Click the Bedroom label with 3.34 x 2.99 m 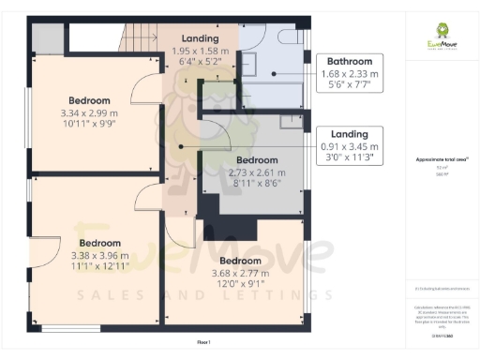click(89, 111)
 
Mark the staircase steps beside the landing click(140, 38)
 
